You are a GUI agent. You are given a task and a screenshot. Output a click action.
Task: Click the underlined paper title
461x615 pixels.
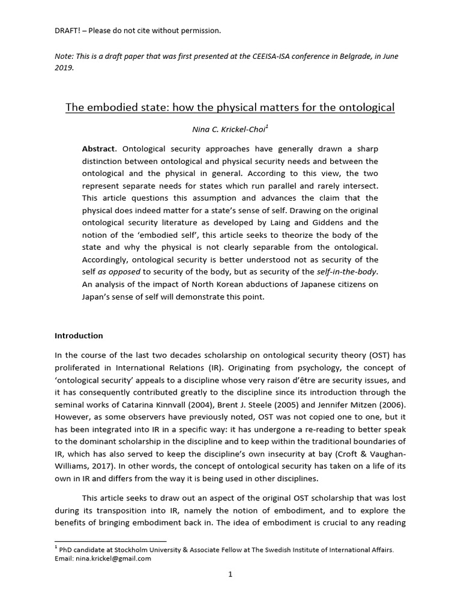tap(230, 108)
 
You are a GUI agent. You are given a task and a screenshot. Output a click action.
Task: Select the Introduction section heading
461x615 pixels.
tap(79, 336)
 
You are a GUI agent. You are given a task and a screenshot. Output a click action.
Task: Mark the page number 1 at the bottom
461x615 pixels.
tap(230, 574)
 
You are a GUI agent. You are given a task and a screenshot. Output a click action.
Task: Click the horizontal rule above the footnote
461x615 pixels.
tap(110, 541)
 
